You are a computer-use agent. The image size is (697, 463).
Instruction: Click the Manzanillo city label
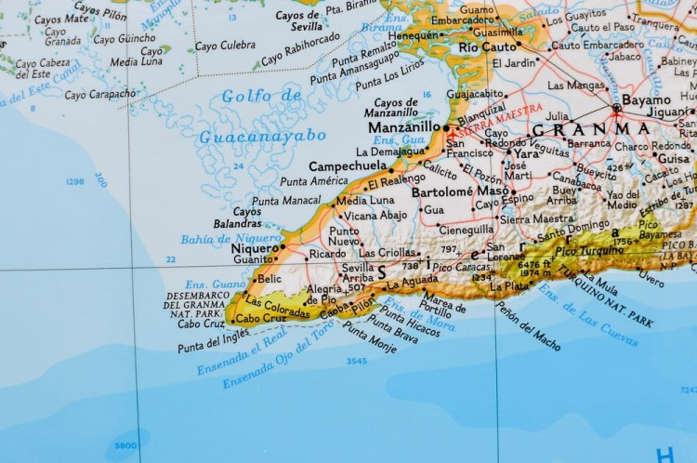tap(404, 127)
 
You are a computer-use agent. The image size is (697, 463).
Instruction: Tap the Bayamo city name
tap(647, 99)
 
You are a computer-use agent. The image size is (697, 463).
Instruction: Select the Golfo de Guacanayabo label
tap(263, 116)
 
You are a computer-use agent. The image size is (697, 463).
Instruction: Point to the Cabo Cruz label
tap(203, 324)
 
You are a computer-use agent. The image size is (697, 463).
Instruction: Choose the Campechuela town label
tap(348, 165)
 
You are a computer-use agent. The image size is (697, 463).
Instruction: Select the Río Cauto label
tap(487, 46)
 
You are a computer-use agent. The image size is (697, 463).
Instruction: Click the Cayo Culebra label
tap(225, 44)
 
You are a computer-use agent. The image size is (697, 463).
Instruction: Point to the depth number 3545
tap(355, 361)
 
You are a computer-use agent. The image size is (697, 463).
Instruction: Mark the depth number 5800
tap(125, 445)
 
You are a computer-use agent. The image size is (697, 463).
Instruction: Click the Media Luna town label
tap(364, 200)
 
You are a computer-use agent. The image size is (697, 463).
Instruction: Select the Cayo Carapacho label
tap(101, 94)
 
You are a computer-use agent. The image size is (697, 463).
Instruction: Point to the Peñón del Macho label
tap(527, 327)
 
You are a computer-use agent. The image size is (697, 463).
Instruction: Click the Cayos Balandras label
tap(236, 218)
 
